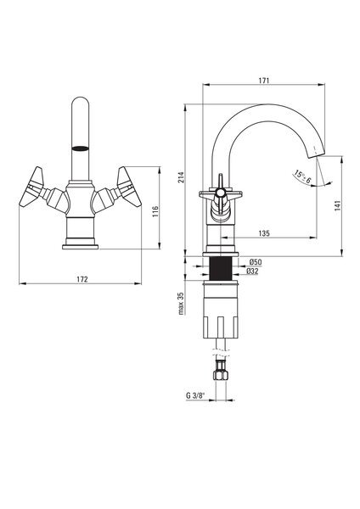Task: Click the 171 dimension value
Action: point(264,81)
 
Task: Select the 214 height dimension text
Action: point(181,176)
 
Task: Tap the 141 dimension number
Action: point(337,206)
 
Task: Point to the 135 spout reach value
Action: point(264,233)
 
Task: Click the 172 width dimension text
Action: point(82,279)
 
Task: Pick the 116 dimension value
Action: point(155,211)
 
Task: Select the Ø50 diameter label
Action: point(256,262)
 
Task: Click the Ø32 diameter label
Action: point(252,271)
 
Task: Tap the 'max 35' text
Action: point(181,304)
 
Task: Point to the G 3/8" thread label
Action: point(196,395)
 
